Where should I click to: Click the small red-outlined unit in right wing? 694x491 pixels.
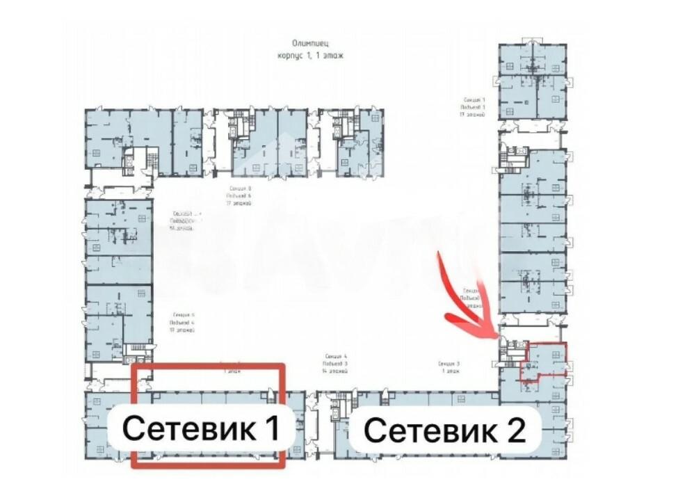(546, 360)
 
